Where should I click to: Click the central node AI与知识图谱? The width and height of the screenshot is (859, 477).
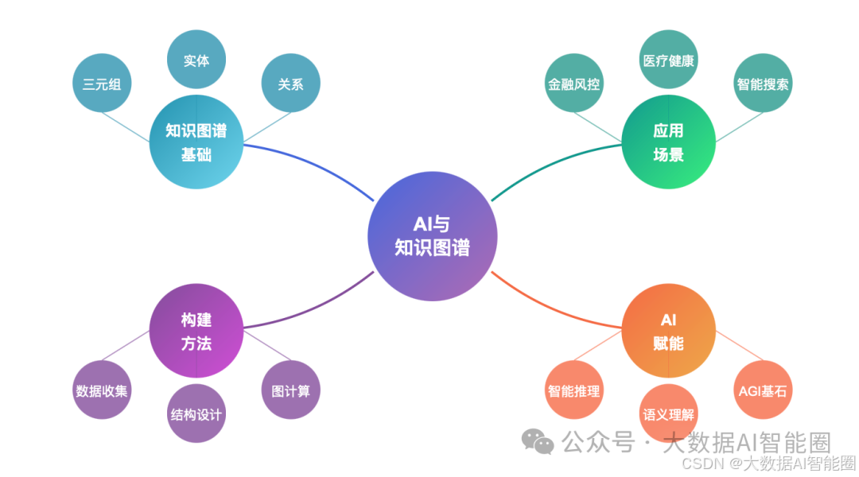[x=433, y=237]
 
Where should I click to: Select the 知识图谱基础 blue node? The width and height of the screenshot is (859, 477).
[x=196, y=142]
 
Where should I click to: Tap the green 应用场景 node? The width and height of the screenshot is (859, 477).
[x=668, y=142]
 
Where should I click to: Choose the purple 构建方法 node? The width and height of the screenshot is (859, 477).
[x=196, y=332]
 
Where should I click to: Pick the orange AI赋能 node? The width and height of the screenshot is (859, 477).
[x=668, y=332]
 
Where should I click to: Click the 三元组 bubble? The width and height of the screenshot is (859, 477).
[x=102, y=83]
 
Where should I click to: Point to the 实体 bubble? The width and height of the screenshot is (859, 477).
[x=196, y=60]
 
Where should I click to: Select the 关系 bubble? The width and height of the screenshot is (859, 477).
[x=290, y=83]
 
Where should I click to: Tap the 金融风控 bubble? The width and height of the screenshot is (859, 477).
[x=573, y=83]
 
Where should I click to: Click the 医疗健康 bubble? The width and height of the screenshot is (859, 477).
[x=668, y=60]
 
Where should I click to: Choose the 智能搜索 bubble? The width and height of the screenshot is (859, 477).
[x=763, y=83]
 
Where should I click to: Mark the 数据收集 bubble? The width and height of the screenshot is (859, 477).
[x=102, y=390]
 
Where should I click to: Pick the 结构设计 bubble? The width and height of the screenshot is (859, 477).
[x=196, y=413]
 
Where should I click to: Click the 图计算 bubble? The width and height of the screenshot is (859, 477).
[x=290, y=390]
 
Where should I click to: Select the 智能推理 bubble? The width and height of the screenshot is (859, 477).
[x=573, y=390]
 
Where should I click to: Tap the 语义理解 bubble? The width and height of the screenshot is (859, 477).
[x=668, y=413]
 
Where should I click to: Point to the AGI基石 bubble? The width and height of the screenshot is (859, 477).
[x=763, y=390]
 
